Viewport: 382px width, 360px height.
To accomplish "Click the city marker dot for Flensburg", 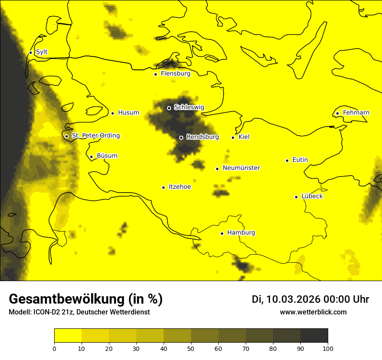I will pyautogui.click(x=155, y=74).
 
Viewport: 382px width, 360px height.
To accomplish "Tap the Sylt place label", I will pyautogui.click(x=42, y=52).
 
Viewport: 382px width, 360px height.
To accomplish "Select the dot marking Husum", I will pyautogui.click(x=112, y=113).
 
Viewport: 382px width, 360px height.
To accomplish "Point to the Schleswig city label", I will pyautogui.click(x=189, y=107).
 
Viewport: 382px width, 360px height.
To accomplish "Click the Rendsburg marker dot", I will pyautogui.click(x=181, y=137).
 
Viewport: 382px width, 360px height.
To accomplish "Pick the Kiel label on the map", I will pyautogui.click(x=244, y=137).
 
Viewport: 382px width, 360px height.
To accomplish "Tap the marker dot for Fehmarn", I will pyautogui.click(x=337, y=114).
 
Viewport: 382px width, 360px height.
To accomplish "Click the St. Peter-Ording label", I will pyautogui.click(x=95, y=136).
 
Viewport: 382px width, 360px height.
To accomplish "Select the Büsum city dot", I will pyautogui.click(x=91, y=157).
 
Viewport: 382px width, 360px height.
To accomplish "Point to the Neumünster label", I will pyautogui.click(x=241, y=168).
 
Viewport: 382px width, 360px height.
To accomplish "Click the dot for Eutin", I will pyautogui.click(x=287, y=160).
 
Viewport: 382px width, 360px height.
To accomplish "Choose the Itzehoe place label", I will pyautogui.click(x=180, y=187).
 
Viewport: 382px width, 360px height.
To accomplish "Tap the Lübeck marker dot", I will pyautogui.click(x=296, y=197).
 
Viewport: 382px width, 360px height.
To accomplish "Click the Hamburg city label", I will pyautogui.click(x=241, y=233).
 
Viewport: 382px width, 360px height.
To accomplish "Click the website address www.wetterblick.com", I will pyautogui.click(x=313, y=312).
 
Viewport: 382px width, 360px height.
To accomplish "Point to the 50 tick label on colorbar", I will pyautogui.click(x=191, y=348).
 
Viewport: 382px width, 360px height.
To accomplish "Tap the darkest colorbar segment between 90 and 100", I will pyautogui.click(x=314, y=336).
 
